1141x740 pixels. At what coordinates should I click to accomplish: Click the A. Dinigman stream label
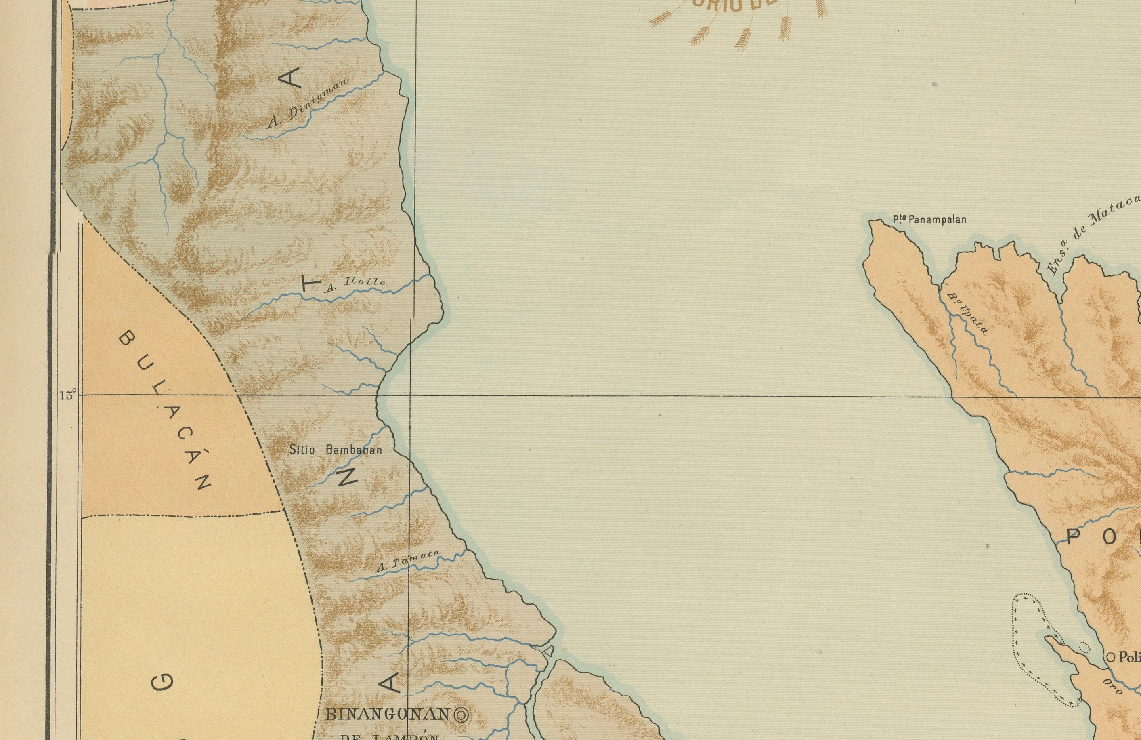(x=307, y=105)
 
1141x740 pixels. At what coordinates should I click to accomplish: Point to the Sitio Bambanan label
(x=336, y=450)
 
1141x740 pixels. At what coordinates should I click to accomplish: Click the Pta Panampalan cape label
(x=929, y=220)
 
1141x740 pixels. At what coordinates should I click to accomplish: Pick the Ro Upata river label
(x=969, y=314)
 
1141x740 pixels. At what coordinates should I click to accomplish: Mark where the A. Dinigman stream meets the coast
(x=384, y=74)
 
